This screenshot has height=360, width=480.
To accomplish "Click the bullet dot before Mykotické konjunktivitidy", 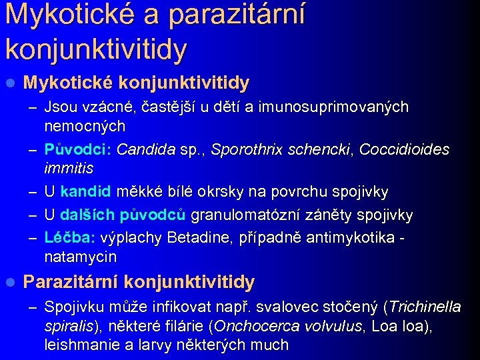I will tap(9, 83).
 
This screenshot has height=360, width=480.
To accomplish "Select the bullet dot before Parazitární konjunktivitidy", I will tap(9, 283).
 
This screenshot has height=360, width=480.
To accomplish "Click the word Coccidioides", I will tap(405, 149).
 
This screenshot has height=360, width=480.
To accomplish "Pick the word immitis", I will tap(69, 168).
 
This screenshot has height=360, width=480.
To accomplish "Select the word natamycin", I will tap(81, 257).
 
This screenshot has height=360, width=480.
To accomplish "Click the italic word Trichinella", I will tap(424, 307).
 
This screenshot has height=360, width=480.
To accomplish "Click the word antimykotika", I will tap(347, 238).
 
